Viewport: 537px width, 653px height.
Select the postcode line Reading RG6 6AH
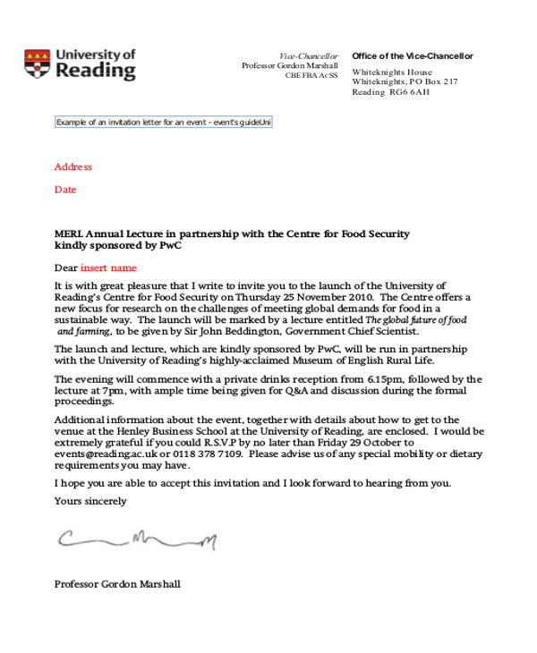pos(391,92)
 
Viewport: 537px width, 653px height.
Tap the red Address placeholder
pos(73,167)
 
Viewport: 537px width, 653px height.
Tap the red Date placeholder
pos(65,190)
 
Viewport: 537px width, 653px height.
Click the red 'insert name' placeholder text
pos(108,267)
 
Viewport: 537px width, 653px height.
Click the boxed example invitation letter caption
pos(163,122)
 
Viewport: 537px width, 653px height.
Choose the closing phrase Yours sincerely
pos(90,501)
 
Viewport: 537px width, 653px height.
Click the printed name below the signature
pos(117,584)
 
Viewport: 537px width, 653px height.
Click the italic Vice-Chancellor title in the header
pos(309,56)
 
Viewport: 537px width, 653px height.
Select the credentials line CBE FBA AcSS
pos(311,76)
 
